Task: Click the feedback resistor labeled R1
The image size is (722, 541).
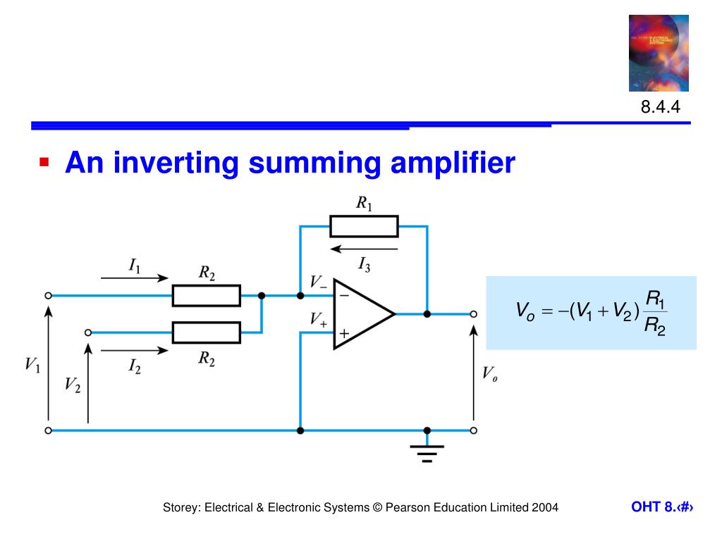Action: (364, 227)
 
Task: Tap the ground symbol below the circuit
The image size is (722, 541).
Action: (427, 452)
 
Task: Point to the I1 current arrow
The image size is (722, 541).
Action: (134, 278)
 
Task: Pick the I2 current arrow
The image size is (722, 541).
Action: (134, 349)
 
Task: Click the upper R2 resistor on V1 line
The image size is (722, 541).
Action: (207, 296)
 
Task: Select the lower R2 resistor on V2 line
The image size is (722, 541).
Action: (207, 332)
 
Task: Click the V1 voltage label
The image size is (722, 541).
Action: (32, 365)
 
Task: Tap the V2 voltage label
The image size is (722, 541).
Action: (73, 384)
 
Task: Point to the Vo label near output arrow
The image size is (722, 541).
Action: (489, 373)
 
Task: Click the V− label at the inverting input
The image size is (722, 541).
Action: (318, 282)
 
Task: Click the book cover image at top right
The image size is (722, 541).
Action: (659, 53)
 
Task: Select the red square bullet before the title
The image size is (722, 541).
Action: (44, 162)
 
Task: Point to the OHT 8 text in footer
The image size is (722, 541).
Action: (652, 507)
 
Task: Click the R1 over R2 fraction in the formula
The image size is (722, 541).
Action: (656, 314)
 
